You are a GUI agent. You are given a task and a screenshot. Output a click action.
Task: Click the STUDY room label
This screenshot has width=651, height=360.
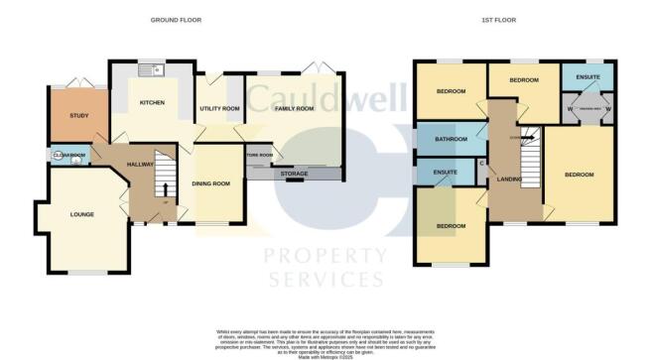[79, 116]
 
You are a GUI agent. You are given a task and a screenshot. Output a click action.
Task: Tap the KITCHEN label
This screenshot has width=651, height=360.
[151, 102]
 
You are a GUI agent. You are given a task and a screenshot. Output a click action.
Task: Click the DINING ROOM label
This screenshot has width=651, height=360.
[210, 183]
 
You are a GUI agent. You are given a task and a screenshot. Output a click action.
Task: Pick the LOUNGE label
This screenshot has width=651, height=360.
[81, 213]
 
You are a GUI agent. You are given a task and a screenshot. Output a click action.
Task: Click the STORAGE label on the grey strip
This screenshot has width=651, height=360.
[295, 175]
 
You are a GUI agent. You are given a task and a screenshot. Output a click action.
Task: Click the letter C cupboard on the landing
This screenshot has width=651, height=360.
[482, 163]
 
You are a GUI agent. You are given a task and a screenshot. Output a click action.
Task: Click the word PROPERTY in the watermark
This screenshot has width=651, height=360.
[325, 256]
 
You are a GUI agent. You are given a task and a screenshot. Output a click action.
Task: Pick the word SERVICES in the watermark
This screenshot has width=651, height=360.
[325, 280]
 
